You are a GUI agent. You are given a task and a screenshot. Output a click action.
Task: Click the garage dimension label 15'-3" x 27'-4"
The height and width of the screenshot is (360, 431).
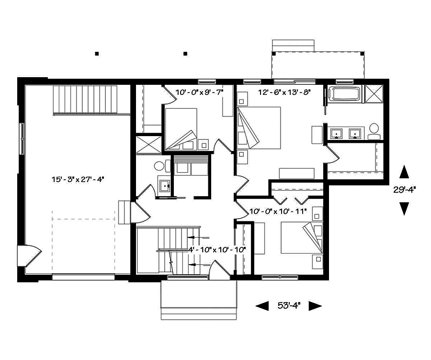tap(78, 179)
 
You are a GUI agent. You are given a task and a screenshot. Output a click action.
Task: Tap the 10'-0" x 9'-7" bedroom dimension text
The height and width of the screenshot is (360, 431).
tap(199, 92)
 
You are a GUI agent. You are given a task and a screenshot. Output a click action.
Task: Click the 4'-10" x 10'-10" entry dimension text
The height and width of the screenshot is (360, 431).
tap(216, 250)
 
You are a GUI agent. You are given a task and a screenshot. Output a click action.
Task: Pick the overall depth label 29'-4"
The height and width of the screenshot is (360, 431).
tap(405, 189)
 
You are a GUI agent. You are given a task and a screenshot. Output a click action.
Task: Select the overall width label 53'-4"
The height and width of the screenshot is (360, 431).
tap(288, 305)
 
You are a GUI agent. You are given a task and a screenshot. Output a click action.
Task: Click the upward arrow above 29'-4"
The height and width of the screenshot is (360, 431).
tap(405, 172)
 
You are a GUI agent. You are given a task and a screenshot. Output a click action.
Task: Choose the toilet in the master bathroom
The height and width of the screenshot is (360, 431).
tap(374, 130)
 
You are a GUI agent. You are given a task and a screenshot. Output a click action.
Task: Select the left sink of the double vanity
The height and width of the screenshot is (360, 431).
tap(338, 133)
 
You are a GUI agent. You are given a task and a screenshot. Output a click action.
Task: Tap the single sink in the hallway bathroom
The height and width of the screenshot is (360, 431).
tap(165, 186)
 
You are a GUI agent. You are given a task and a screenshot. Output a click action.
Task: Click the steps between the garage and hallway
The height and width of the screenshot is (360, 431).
tap(125, 212)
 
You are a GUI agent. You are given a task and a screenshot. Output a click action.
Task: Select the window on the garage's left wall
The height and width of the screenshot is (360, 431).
tap(21, 139)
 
